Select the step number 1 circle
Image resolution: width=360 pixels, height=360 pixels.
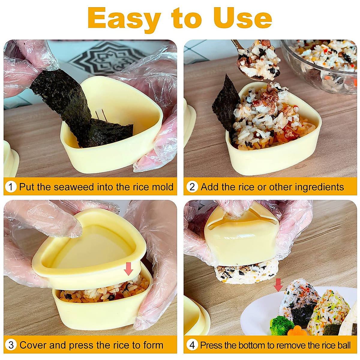point(11,187)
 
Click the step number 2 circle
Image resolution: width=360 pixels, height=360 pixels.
point(192,187)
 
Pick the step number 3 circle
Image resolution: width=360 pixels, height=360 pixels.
point(11,345)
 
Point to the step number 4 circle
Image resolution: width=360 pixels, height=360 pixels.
point(192,345)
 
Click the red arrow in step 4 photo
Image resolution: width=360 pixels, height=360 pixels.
point(278,284)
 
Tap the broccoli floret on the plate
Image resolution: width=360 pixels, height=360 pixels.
point(281,325)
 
